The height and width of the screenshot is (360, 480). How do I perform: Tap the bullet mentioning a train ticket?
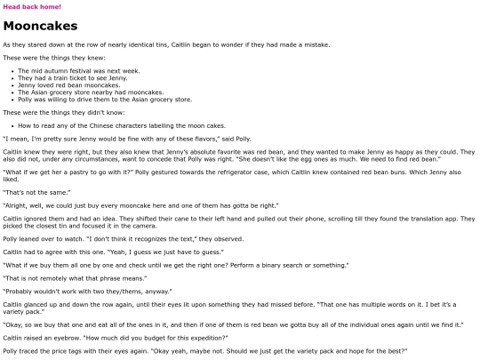pyautogui.click(x=58, y=77)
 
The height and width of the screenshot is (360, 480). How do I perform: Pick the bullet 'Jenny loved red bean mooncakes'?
pyautogui.click(x=60, y=85)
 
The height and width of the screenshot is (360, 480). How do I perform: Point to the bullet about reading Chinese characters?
pyautogui.click(x=98, y=127)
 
